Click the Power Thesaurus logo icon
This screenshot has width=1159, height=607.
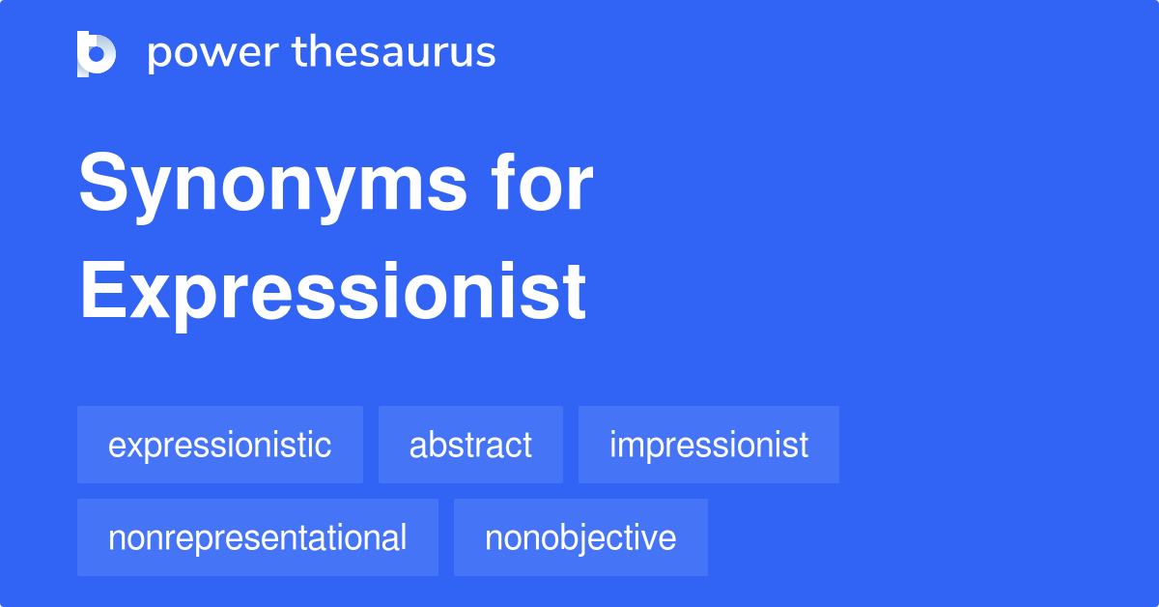point(97,53)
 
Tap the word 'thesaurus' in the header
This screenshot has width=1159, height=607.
point(394,53)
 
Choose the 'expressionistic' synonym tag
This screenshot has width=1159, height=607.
point(220,445)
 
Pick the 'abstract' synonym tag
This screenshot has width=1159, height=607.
point(470,445)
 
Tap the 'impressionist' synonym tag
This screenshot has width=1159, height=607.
point(709,445)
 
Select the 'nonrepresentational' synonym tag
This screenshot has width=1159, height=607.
point(258,537)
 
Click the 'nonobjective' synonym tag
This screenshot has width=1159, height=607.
point(580,537)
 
